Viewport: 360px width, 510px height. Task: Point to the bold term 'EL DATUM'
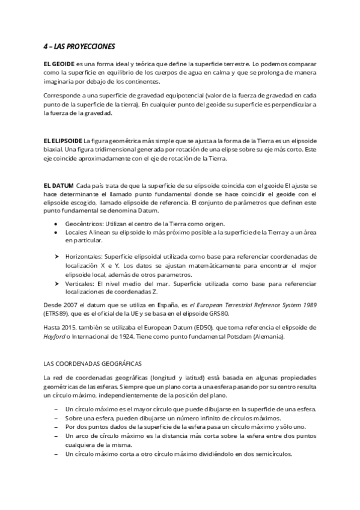pyautogui.click(x=58, y=186)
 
